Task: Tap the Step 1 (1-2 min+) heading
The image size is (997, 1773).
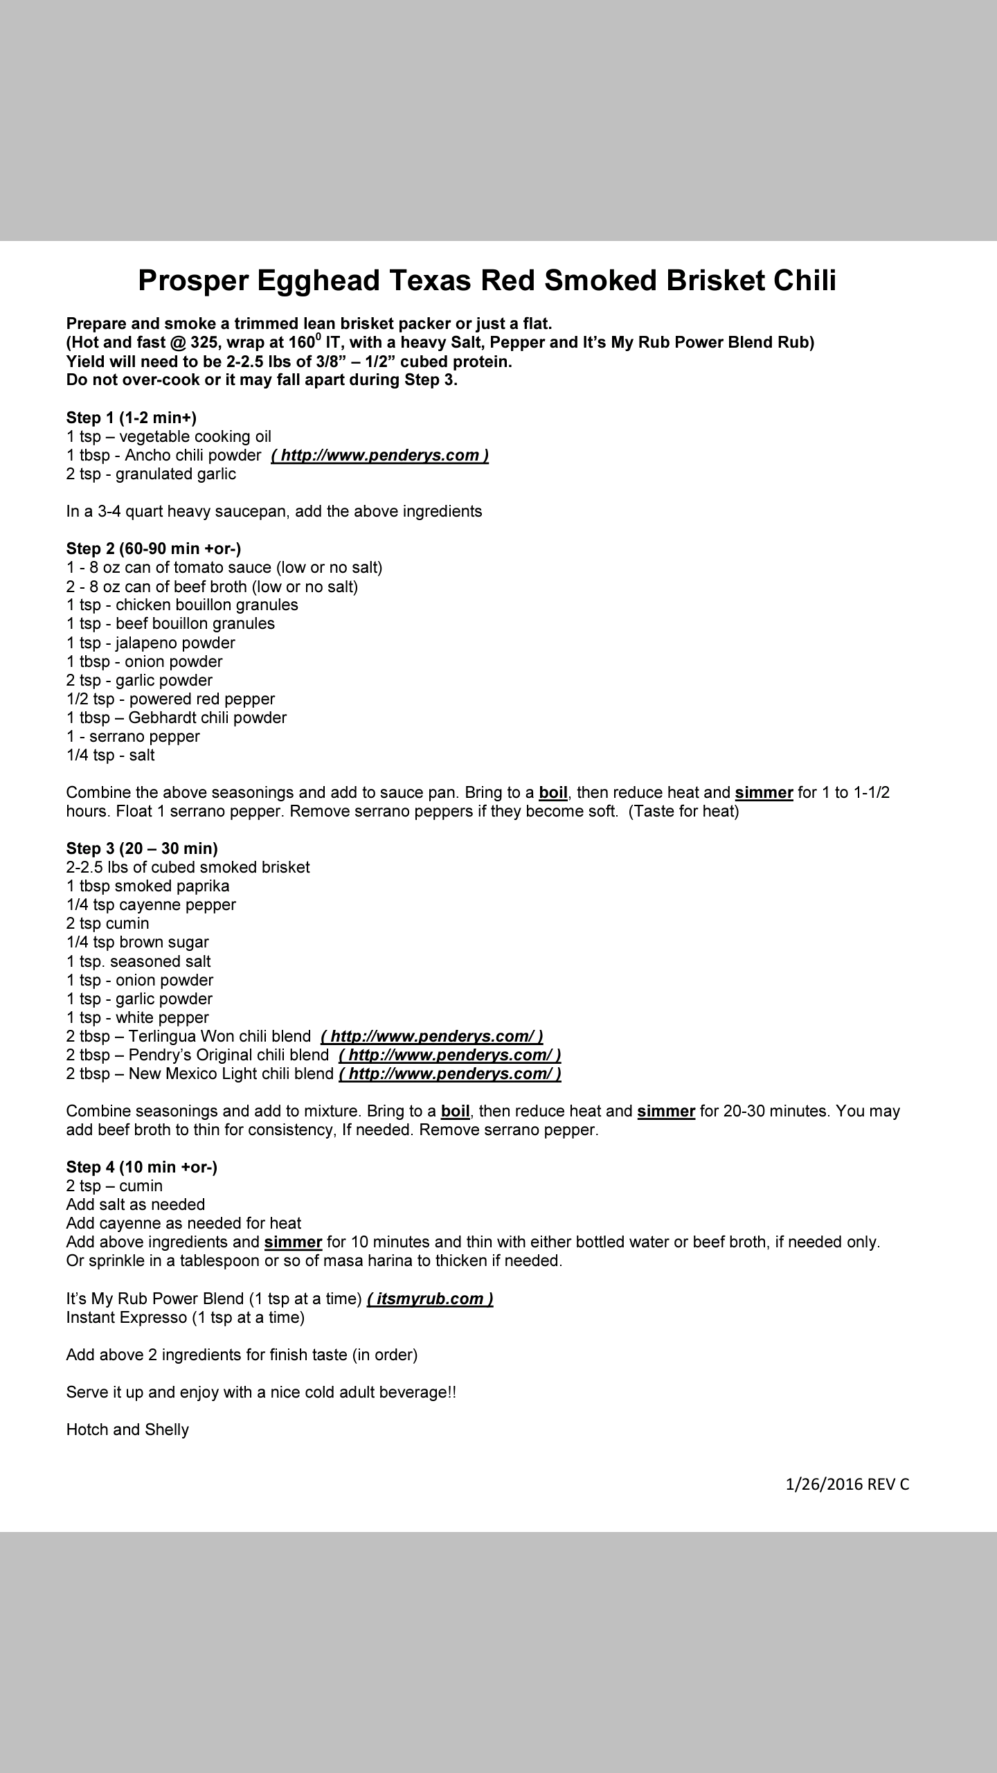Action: point(132,418)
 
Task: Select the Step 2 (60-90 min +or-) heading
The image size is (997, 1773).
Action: point(154,549)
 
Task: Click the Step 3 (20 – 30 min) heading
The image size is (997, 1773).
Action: point(142,848)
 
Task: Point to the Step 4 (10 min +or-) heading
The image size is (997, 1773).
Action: point(142,1167)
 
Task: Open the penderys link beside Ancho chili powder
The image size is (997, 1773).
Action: point(380,455)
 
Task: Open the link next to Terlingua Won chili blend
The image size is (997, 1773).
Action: point(432,1036)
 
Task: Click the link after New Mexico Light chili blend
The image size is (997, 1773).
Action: point(450,1073)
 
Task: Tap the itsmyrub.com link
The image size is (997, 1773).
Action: point(430,1299)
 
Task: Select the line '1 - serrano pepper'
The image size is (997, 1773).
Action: point(133,736)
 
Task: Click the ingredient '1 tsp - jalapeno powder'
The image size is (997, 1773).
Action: point(151,643)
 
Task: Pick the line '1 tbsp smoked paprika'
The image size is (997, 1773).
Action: point(147,886)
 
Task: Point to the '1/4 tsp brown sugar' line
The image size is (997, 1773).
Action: point(138,942)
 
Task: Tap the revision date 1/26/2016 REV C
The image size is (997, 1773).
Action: point(847,1484)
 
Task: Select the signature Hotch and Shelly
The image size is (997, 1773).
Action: point(127,1429)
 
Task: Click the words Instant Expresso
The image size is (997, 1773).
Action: point(126,1317)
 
